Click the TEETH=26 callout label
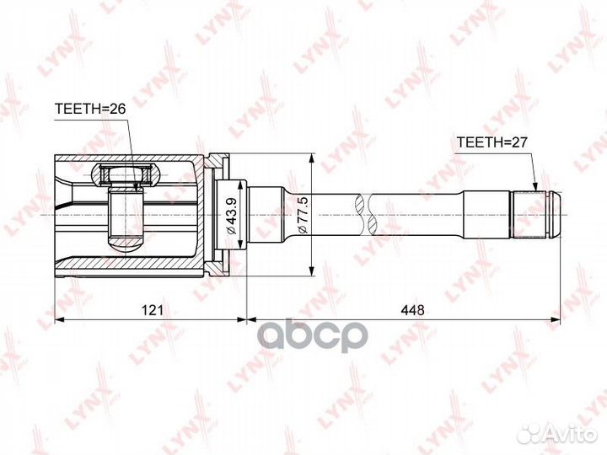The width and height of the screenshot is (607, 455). click(x=90, y=109)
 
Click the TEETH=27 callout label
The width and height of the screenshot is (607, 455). click(x=492, y=142)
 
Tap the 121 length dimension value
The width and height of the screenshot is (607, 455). click(x=153, y=309)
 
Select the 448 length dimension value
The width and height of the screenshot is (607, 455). click(x=412, y=309)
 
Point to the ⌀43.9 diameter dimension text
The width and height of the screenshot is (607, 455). click(x=231, y=215)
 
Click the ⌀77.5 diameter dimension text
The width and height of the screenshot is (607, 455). click(x=303, y=215)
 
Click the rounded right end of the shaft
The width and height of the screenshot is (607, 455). click(x=556, y=215)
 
